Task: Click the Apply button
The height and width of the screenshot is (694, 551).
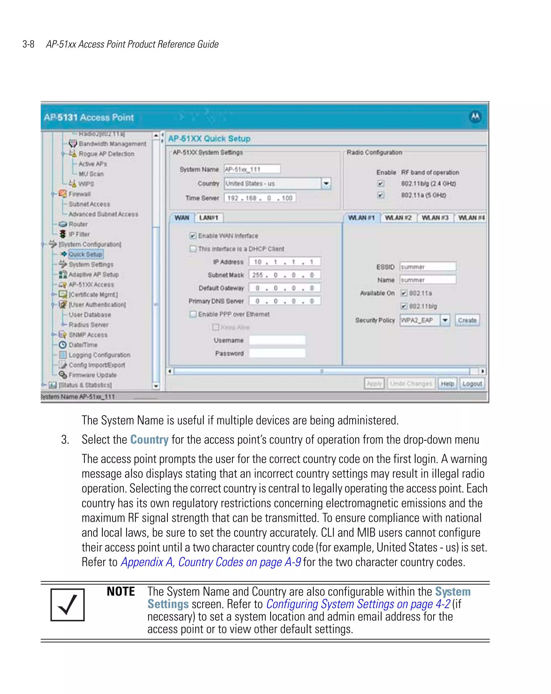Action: (x=374, y=383)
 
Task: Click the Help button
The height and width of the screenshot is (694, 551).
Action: (x=447, y=383)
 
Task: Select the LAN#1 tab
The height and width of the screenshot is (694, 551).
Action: (x=209, y=218)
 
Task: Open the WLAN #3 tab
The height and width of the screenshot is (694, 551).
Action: (x=435, y=218)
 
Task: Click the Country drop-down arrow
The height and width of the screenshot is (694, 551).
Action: (x=326, y=184)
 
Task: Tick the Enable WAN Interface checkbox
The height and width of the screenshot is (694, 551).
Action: (x=193, y=236)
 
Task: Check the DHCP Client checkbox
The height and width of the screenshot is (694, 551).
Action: (x=193, y=249)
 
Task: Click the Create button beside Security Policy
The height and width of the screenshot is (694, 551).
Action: (x=467, y=320)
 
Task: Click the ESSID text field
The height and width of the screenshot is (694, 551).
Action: (x=428, y=267)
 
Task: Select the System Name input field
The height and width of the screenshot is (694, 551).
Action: (x=252, y=169)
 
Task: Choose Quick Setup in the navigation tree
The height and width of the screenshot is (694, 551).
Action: (x=85, y=254)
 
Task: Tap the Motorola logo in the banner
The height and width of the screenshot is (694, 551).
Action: (x=475, y=117)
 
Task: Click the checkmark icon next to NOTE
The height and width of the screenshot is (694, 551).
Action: (x=68, y=605)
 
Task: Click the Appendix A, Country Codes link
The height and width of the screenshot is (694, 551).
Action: (x=211, y=562)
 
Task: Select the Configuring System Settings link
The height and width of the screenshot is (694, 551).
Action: (x=358, y=604)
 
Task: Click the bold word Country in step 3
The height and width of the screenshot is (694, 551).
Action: (x=149, y=440)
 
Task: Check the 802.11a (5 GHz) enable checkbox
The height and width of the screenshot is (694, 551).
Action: (x=381, y=195)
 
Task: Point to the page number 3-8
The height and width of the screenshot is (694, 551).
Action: (x=28, y=44)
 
